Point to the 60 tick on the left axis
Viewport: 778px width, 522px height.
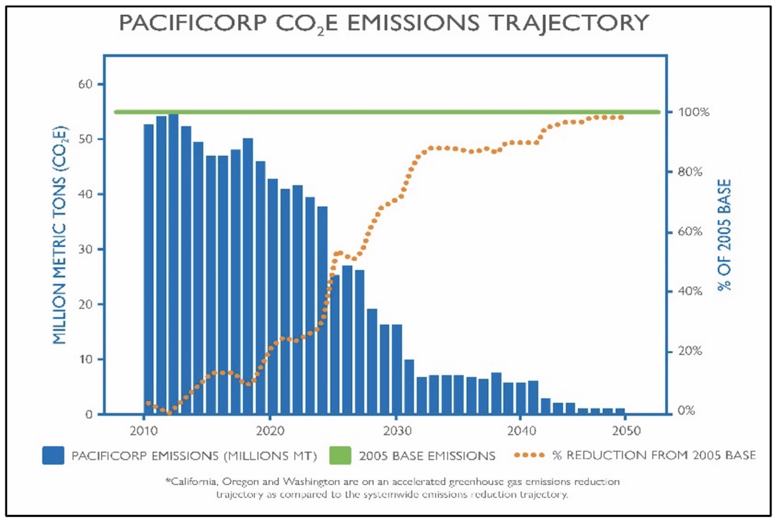[87, 84]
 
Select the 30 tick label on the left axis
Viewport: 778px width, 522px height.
[87, 250]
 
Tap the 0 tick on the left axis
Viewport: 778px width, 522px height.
[90, 414]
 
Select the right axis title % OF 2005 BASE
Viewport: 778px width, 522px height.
[727, 234]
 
